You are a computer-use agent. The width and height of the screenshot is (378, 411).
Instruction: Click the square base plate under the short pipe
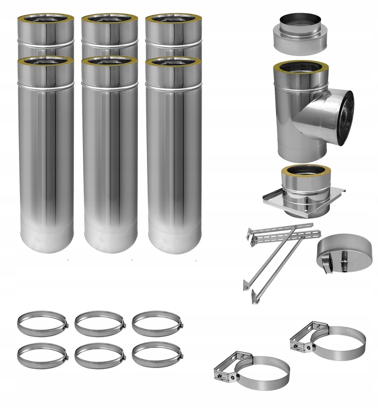tap(273, 201)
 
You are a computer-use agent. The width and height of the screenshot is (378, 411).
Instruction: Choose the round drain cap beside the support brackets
tap(344, 253)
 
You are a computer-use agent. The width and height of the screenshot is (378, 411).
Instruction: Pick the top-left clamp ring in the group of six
tap(42, 324)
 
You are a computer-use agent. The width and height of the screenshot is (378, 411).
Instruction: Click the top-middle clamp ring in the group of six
tap(100, 324)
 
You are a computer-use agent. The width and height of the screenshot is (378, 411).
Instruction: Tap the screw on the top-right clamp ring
tap(182, 325)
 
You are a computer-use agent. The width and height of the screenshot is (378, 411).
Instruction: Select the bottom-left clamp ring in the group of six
tap(42, 355)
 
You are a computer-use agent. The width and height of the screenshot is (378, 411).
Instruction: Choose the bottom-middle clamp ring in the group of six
tap(100, 355)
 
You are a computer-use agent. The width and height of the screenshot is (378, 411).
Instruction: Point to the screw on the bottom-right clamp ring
tap(182, 356)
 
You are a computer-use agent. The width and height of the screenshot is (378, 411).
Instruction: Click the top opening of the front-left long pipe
tap(46, 61)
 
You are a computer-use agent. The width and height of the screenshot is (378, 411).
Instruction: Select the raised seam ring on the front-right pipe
tap(174, 85)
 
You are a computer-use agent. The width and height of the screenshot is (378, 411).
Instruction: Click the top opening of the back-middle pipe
tap(110, 18)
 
